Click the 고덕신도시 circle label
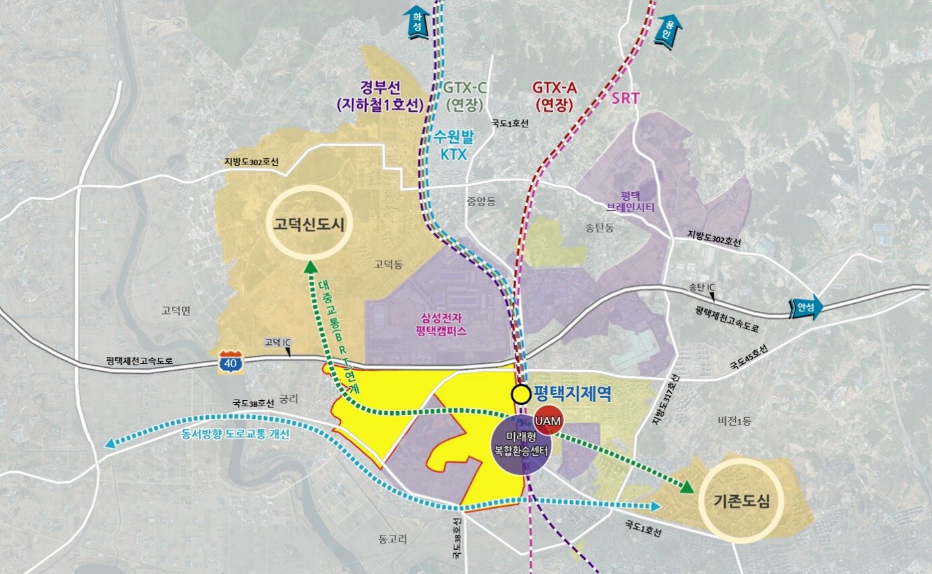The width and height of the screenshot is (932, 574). [x=309, y=224]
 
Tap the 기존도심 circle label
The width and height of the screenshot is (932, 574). [x=740, y=501]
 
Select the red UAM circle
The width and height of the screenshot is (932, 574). [x=547, y=420]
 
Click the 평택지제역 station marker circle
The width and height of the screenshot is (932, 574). [x=520, y=394]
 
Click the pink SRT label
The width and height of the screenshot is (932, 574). [x=625, y=99]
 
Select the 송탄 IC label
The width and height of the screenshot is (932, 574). [x=702, y=287]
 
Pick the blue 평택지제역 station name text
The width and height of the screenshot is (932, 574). [x=573, y=393]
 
